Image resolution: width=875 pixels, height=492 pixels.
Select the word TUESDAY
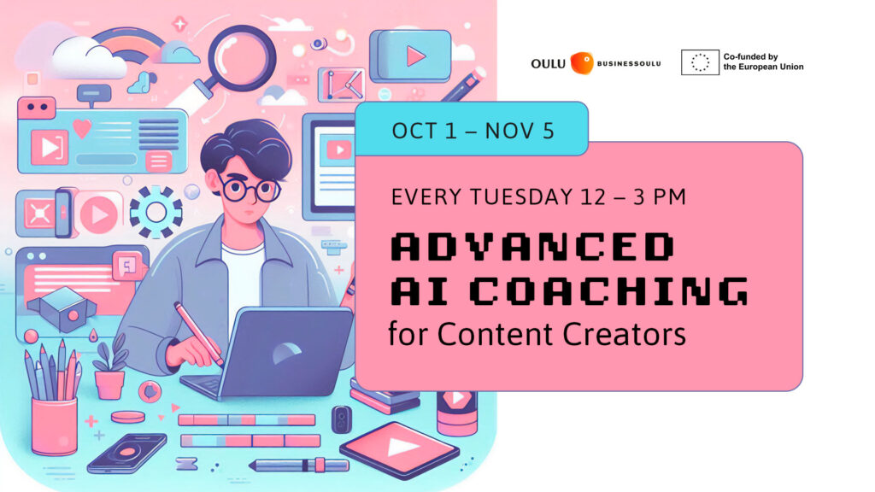[531, 197]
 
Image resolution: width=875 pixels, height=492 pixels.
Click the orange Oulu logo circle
[582, 62]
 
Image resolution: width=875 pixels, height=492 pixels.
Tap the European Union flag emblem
[700, 62]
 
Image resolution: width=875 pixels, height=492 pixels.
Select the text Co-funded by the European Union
[763, 62]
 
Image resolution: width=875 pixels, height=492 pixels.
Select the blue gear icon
[156, 210]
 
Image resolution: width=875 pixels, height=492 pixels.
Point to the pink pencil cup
[54, 424]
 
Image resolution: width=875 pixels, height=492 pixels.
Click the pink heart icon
[81, 128]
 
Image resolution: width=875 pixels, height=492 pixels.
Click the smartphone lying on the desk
[126, 454]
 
